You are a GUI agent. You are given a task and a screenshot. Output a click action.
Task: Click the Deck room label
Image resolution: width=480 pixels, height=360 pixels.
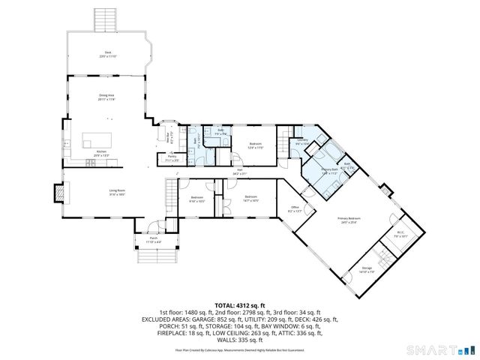tap(108, 52)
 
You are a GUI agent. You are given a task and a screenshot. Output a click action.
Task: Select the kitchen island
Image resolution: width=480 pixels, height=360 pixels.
tap(95, 140)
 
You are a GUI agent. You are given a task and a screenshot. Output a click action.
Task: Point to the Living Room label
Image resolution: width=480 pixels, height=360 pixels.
tap(117, 191)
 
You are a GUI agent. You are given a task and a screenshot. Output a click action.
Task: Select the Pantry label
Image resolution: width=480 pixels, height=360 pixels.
tap(171, 157)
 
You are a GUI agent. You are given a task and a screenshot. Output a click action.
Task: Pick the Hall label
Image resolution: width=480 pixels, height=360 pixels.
tap(240, 172)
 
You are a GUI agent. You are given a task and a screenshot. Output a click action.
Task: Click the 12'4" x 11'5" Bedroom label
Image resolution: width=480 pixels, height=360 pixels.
tap(256, 145)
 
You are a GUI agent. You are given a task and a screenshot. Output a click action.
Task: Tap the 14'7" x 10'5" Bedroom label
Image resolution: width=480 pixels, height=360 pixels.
tap(250, 199)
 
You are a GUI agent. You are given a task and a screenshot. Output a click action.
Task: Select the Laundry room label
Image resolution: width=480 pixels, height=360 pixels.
tap(301, 142)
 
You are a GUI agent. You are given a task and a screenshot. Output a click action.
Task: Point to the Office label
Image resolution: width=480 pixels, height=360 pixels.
tap(293, 210)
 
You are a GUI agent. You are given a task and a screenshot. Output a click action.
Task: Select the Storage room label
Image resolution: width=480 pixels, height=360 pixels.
tap(367, 268)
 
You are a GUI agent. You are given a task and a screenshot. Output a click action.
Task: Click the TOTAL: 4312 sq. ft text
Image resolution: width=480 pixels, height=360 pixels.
tap(240, 305)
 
